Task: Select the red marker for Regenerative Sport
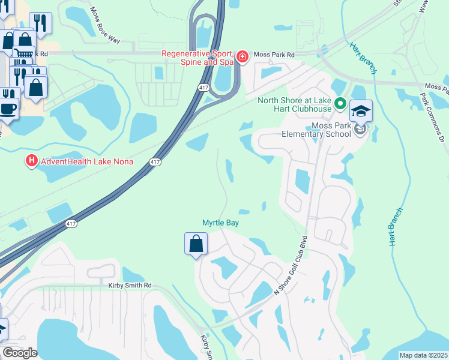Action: [242, 57]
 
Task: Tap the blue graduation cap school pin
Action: [361, 112]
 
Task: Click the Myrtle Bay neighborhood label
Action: [221, 223]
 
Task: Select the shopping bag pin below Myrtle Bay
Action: [196, 244]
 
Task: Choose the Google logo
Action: [20, 353]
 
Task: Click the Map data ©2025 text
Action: [423, 355]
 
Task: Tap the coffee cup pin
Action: [8, 109]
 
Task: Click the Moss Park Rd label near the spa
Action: [274, 55]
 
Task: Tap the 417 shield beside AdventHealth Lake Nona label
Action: [155, 162]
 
